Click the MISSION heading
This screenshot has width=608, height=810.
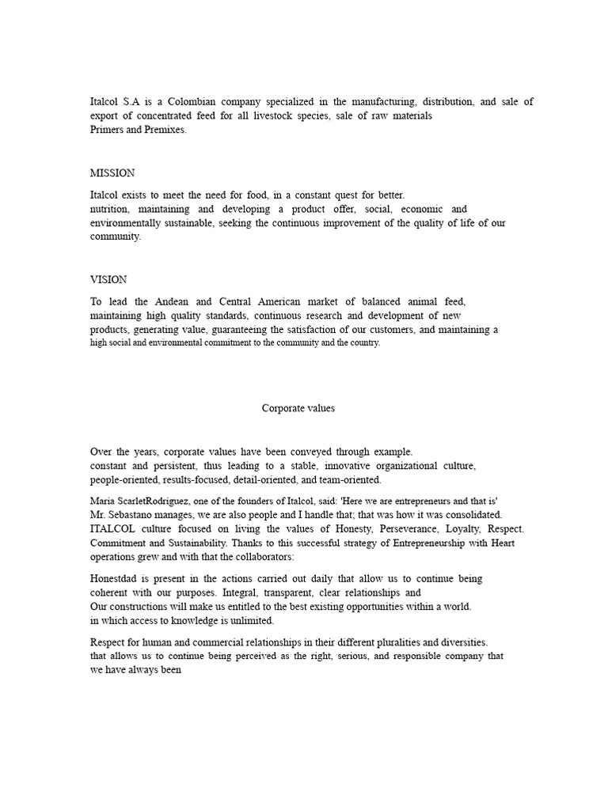112,173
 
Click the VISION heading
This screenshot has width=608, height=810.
108,280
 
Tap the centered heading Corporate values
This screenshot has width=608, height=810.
298,408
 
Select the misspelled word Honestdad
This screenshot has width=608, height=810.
117,579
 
